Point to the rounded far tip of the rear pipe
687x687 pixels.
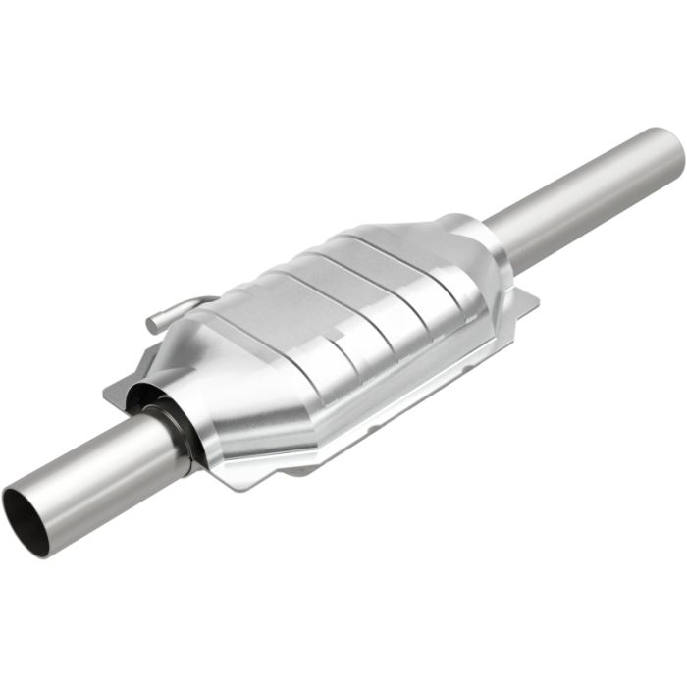pos(673,152)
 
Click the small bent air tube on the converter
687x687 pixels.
pos(182,309)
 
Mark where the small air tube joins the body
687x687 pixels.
pos(211,300)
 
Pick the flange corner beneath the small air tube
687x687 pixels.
pos(112,393)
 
